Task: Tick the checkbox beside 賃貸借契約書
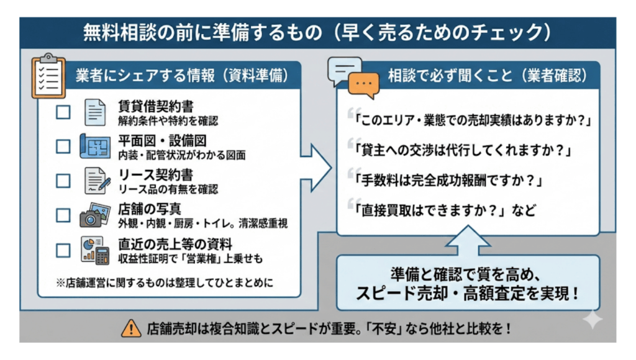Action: (63, 112)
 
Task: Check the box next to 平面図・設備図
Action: (63, 146)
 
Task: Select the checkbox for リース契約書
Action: (63, 181)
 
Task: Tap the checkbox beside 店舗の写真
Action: (63, 215)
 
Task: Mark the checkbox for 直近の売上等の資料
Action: (63, 250)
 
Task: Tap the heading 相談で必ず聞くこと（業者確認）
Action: (487, 76)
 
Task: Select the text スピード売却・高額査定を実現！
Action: (468, 293)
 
